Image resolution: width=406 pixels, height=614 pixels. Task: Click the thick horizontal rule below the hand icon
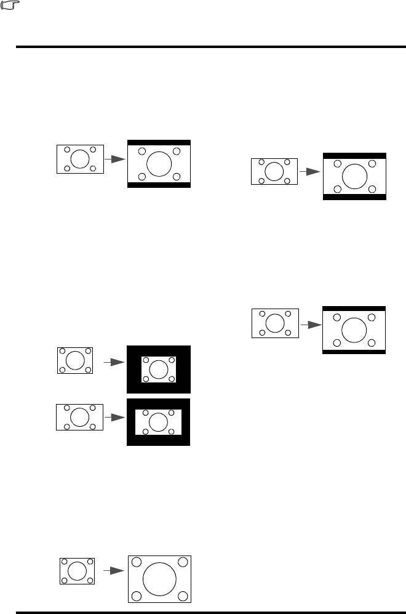[x=203, y=46]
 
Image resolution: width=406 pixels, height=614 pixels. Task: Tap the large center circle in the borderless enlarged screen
[x=159, y=579]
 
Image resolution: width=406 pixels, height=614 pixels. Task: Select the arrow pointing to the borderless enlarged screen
[x=110, y=571]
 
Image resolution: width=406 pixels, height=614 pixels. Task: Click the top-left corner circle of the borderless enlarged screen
[x=136, y=562]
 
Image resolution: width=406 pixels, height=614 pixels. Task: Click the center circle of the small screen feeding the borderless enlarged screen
[x=77, y=571]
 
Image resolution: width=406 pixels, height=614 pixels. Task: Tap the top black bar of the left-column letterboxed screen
[x=159, y=143]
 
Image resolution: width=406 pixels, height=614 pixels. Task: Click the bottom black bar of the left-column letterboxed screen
[x=159, y=184]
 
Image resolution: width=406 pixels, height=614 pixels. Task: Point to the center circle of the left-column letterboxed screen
[x=159, y=163]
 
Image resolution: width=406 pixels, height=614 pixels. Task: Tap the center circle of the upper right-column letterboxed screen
[x=354, y=176]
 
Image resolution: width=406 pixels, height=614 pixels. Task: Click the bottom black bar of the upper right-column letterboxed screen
[x=354, y=197]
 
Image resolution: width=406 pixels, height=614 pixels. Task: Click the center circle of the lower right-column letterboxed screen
[x=354, y=329]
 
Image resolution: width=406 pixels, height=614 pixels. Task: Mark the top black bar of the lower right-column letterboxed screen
[x=354, y=308]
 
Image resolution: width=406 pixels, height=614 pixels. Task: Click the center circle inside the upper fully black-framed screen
[x=159, y=369]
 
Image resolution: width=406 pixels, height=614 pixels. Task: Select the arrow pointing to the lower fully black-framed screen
[x=112, y=417]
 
